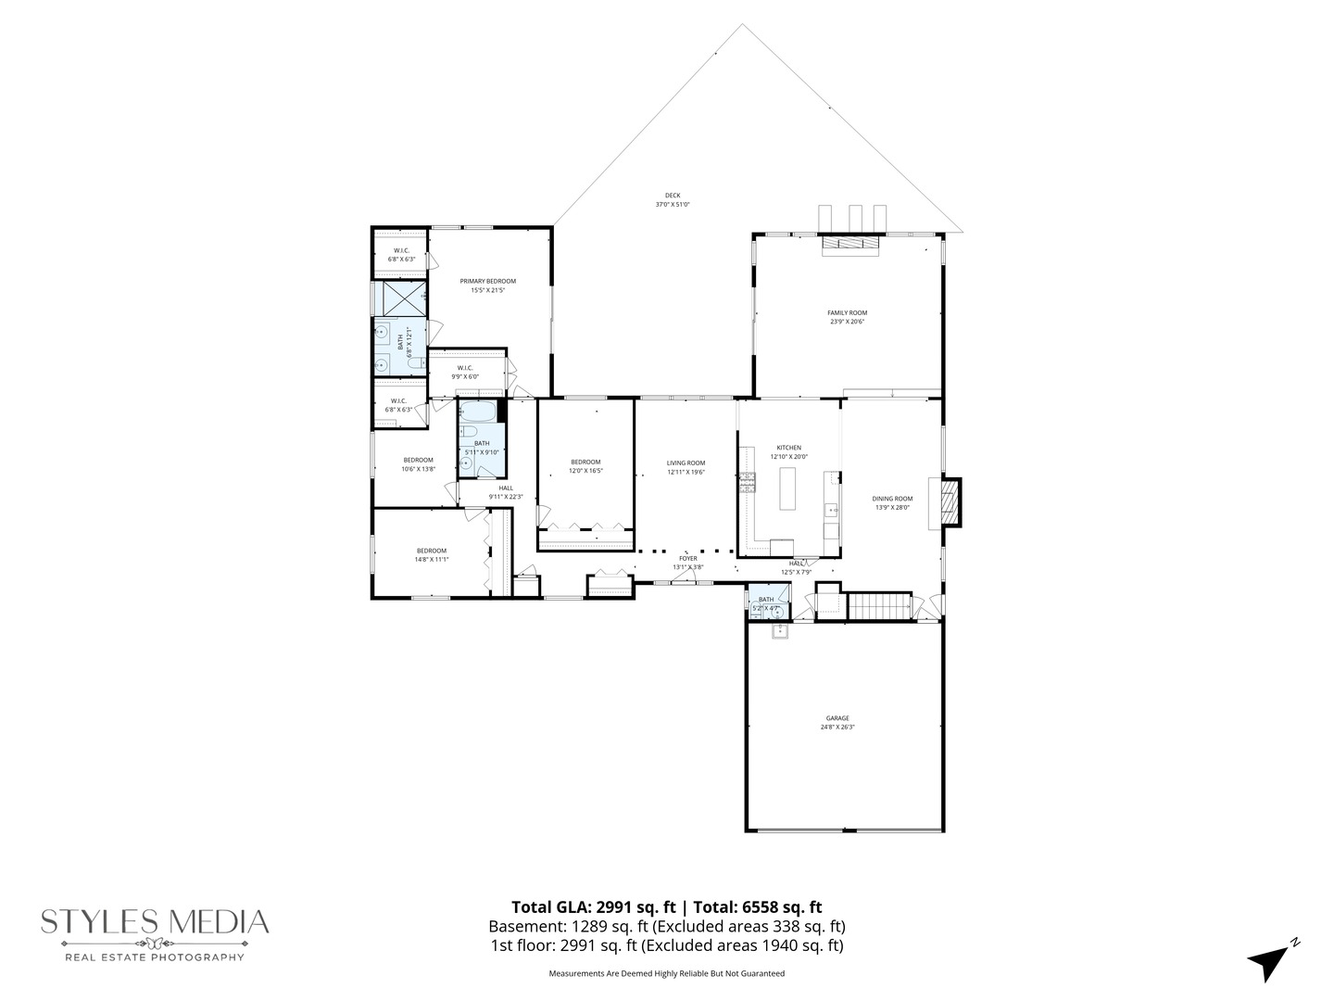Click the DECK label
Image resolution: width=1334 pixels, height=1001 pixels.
point(673,196)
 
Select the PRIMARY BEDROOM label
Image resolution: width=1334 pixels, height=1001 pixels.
point(487,281)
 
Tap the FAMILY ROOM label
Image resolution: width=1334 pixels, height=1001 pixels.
point(847,313)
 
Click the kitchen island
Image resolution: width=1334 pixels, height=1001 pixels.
point(788,488)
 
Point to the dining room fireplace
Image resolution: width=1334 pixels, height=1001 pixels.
point(949,501)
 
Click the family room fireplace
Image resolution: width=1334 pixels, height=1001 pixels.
point(849,243)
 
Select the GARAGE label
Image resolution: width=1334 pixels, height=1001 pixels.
point(837,718)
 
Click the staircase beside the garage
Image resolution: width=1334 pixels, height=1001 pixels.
point(880,606)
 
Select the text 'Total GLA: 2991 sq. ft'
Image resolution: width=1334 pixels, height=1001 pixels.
point(594,907)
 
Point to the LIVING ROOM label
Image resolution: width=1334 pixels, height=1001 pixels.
point(686,463)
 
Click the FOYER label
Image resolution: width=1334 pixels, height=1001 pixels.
point(687,559)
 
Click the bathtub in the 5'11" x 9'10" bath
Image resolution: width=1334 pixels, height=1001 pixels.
point(478,412)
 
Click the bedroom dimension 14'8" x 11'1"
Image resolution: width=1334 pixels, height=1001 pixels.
point(431,559)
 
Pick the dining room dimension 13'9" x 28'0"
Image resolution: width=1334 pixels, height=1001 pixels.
point(892,507)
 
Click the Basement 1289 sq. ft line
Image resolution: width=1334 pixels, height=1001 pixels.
point(666,926)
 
